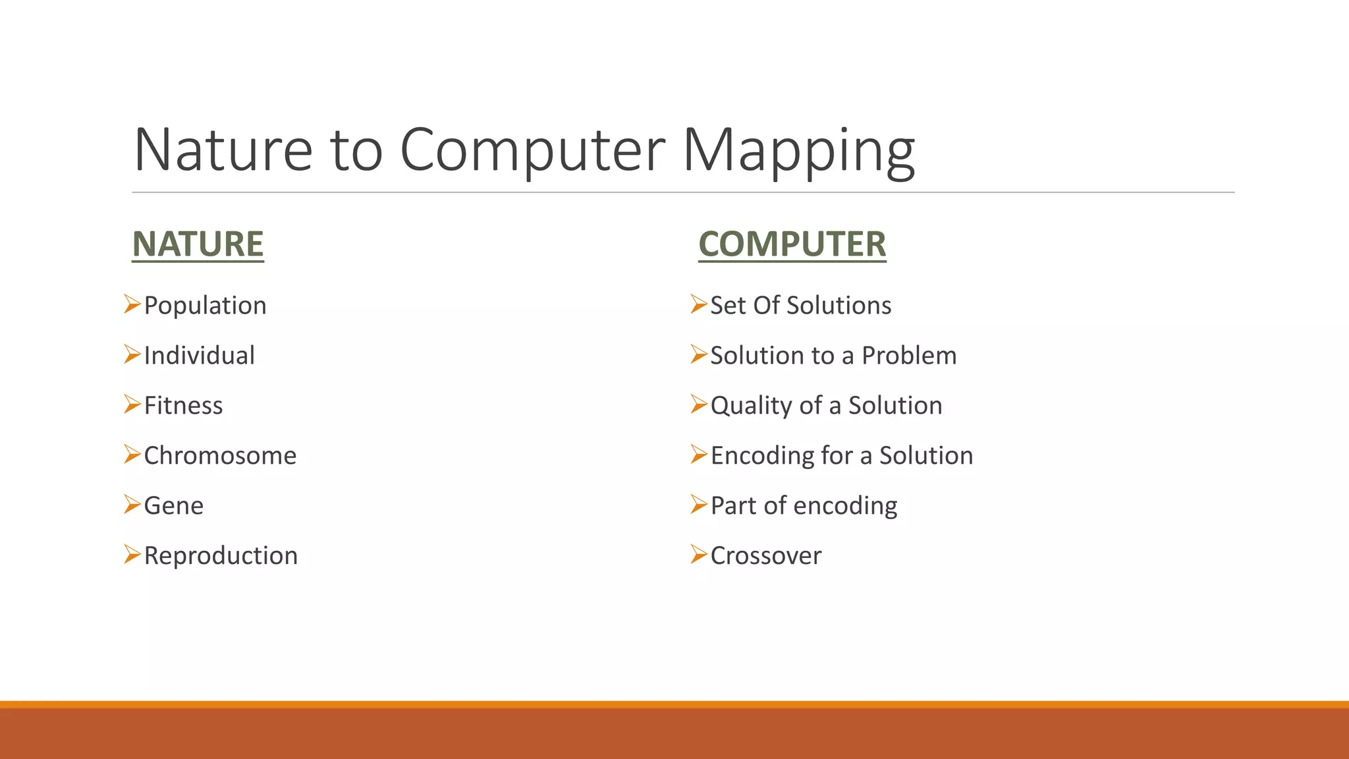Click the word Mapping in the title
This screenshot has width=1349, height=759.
pos(798,152)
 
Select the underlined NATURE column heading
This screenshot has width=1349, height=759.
pos(198,244)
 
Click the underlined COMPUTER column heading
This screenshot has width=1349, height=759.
pos(792,244)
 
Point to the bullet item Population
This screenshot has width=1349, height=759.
pos(205,306)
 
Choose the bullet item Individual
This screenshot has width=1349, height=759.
pos(199,356)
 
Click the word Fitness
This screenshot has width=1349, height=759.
pos(183,406)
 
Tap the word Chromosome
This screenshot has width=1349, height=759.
pos(220,456)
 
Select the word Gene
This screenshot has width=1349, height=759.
pos(173,506)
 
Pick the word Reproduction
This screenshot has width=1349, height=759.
pos(221,556)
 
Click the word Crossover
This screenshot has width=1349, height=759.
pos(765,556)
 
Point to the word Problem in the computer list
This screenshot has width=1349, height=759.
pos(909,356)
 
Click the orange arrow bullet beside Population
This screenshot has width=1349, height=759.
pos(132,304)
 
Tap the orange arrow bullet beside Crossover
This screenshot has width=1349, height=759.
pos(699,555)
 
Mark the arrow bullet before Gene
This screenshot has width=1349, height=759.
pos(132,505)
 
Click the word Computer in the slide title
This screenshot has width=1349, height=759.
pos(532,152)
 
